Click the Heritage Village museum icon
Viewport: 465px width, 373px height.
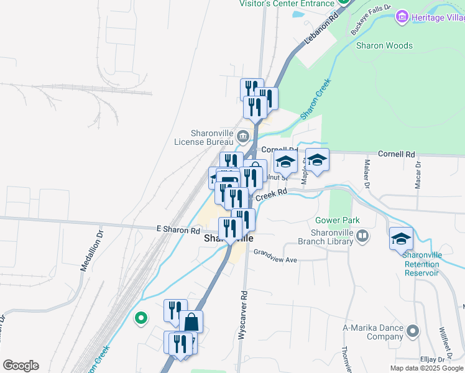point(402,17)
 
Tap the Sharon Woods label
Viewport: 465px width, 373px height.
point(384,45)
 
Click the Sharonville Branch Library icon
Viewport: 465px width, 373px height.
point(363,236)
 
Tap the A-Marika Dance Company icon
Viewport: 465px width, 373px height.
point(411,329)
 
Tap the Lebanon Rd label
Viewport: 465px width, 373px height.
point(321,29)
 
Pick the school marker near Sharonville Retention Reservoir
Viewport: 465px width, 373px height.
point(401,239)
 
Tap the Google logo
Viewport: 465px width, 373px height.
point(21,366)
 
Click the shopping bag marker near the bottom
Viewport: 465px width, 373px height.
point(191,323)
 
